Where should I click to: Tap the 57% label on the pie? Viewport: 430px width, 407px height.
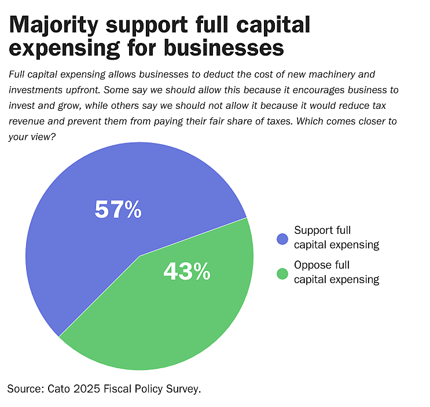coord(118,210)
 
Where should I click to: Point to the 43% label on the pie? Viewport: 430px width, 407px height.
coord(186,271)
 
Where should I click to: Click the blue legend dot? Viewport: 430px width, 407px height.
coord(282,238)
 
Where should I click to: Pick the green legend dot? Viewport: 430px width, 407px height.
coord(282,273)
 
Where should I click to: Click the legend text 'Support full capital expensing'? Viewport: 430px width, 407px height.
coord(336,237)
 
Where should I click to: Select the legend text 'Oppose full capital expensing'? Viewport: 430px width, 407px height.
coord(336,273)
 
